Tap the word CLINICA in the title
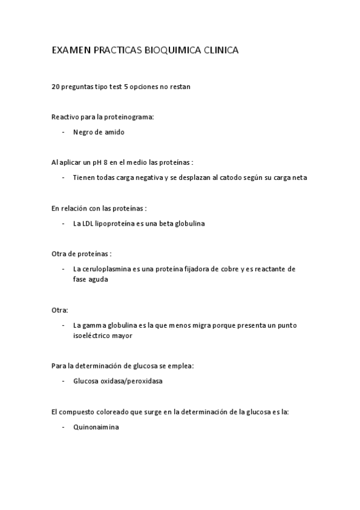point(218,52)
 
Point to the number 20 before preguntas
point(56,87)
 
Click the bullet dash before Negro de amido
point(63,132)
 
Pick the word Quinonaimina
point(96,427)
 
